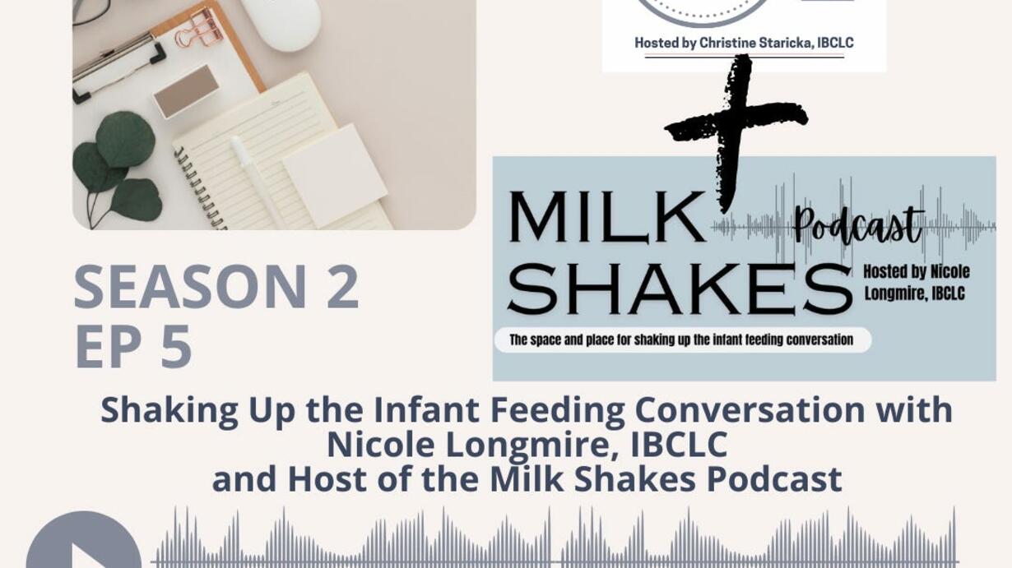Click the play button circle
coord(84,542)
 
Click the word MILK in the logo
coord(606,218)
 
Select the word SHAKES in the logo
coord(679,289)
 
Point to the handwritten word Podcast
coord(858,226)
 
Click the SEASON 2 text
coord(216,287)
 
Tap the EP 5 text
coord(133,347)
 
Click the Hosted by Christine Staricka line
coord(744,43)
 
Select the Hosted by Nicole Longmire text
coord(917,283)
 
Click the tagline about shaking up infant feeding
coord(681,339)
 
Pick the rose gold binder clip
coord(199,28)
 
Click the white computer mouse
coord(281,22)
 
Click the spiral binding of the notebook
coord(199,187)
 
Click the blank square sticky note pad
coord(335,176)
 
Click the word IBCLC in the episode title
coord(679,444)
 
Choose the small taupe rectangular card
coord(186,91)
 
